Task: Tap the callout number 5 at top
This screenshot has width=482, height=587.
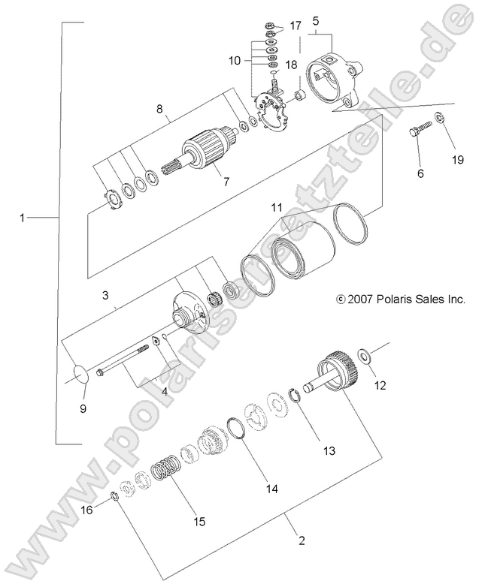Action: click(317, 21)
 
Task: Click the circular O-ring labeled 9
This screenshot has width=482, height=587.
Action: click(83, 373)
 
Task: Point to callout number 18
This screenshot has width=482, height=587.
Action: click(291, 65)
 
